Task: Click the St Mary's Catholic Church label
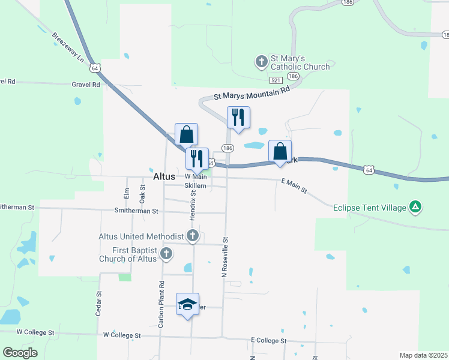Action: (300, 62)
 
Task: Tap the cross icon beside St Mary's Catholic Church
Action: (261, 61)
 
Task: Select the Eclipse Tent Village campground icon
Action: (415, 208)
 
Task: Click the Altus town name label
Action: (164, 177)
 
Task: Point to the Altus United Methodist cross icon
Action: (193, 236)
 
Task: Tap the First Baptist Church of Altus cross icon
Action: (166, 254)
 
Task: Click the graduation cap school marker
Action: (187, 304)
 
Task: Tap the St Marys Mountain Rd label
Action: (252, 92)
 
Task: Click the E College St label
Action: (270, 340)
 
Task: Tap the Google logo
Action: (20, 353)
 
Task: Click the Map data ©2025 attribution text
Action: (423, 355)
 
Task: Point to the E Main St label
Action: (294, 185)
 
